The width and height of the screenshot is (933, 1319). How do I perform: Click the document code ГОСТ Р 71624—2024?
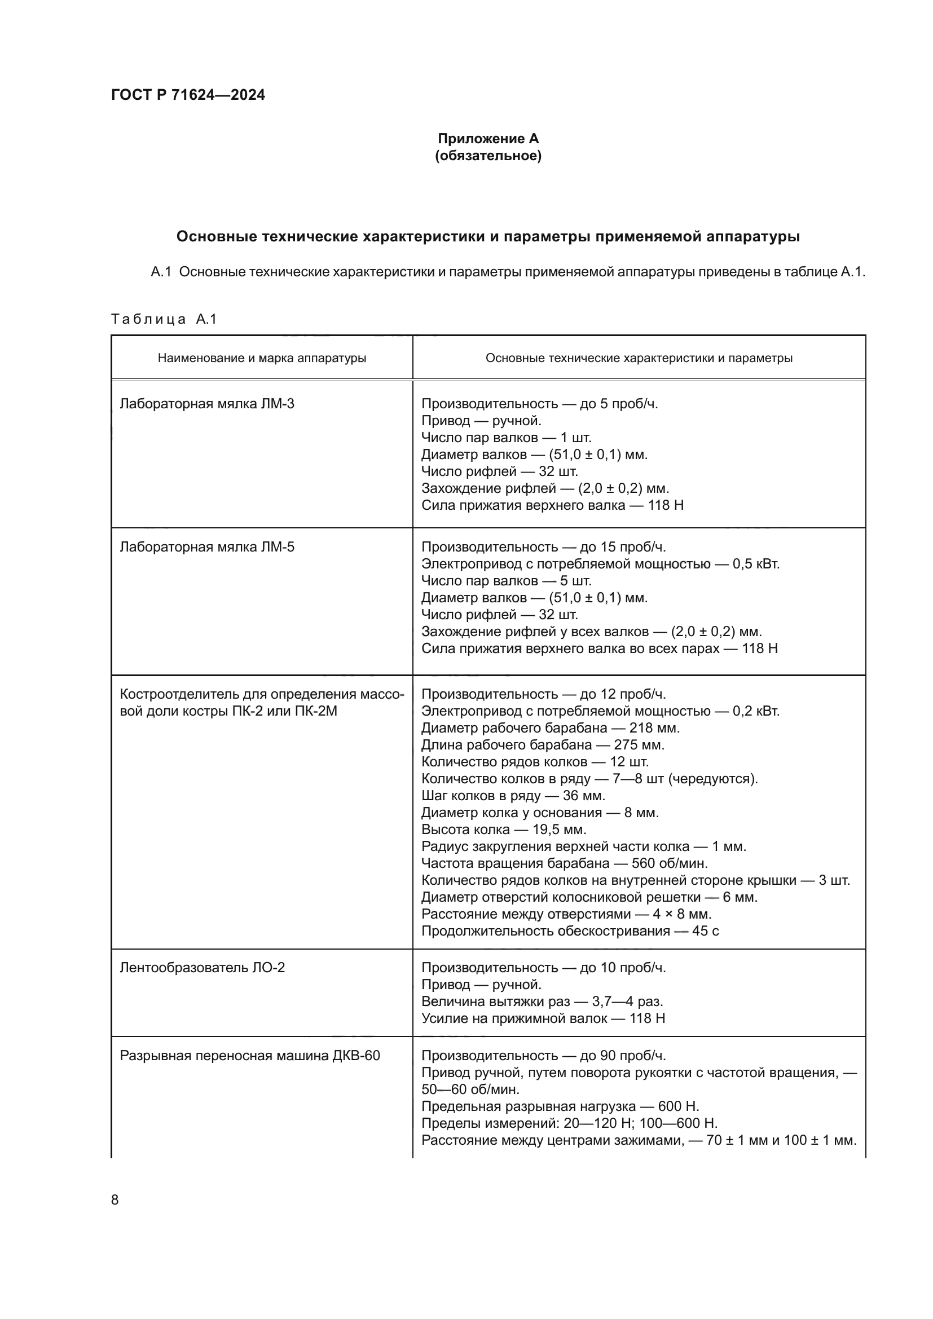point(188,95)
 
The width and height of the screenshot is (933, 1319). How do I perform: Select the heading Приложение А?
point(488,139)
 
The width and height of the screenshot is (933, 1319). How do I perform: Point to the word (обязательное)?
point(488,156)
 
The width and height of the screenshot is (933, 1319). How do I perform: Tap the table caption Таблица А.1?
point(164,319)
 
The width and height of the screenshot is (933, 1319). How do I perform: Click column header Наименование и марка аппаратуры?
point(262,358)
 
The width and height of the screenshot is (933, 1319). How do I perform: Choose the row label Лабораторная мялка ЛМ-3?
point(207,404)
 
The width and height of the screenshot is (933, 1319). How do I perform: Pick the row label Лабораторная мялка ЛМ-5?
point(207,547)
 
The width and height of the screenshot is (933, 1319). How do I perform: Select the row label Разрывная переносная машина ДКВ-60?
point(250,1055)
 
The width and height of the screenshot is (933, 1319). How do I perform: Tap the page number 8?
point(115,1199)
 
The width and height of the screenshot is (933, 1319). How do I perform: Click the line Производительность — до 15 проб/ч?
point(543,547)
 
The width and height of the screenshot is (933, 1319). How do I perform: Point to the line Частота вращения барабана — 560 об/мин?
point(564,863)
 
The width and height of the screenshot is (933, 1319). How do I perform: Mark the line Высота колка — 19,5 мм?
point(503,829)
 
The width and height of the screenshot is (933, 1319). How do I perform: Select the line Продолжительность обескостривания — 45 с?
point(570,930)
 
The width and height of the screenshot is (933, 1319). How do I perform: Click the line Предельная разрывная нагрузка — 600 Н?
point(560,1106)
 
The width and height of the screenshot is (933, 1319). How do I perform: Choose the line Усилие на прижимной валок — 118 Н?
point(543,1018)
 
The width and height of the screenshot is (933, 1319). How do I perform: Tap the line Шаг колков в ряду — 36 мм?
point(513,796)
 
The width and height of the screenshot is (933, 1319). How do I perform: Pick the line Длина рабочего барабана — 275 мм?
point(542,744)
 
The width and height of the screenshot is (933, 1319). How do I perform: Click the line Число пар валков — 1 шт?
point(506,438)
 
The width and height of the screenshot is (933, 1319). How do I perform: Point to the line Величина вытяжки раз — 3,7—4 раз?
point(542,1002)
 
